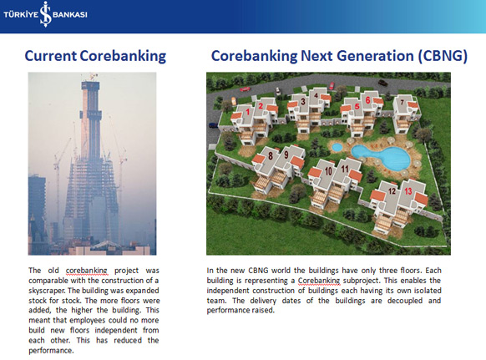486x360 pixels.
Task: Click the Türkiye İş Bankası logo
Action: tap(46, 14)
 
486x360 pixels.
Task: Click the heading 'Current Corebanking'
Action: tap(95, 56)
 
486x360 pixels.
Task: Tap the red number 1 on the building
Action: tap(248, 112)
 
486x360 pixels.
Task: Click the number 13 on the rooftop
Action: tap(408, 191)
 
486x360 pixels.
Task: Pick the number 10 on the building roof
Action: tap(328, 171)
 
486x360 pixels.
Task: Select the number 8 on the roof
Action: tap(271, 155)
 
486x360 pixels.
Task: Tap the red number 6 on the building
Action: tap(368, 100)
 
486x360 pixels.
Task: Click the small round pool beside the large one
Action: tap(337, 147)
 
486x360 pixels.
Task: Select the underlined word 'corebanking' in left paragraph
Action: tap(87, 271)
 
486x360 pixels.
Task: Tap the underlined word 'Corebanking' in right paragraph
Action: tap(319, 281)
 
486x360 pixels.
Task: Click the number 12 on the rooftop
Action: tap(392, 190)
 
